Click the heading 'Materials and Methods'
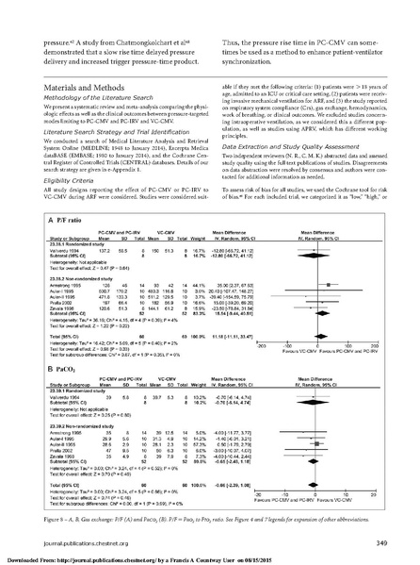coord(59,82)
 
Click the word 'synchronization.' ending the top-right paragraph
coord(249,42)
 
